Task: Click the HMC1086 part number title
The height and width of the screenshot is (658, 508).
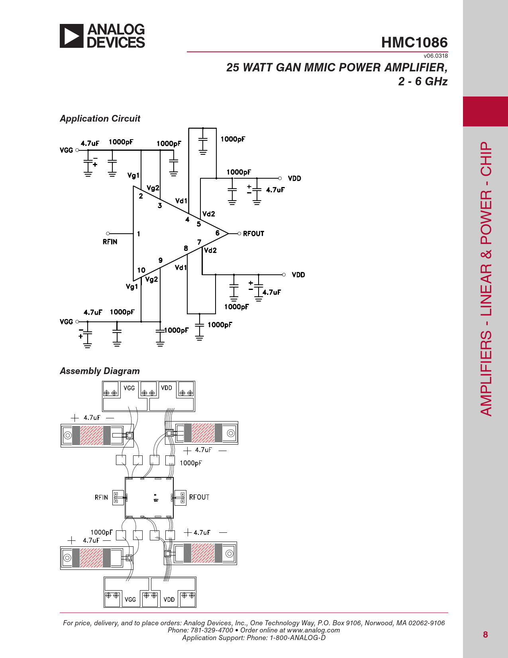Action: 414,42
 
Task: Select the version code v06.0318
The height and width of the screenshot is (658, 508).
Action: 435,56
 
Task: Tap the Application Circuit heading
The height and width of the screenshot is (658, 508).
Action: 100,118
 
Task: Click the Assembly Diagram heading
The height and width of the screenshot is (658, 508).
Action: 100,371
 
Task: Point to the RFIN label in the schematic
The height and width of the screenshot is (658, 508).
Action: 110,242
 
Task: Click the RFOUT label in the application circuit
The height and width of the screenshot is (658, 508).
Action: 253,234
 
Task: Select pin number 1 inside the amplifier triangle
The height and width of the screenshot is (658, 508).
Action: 139,234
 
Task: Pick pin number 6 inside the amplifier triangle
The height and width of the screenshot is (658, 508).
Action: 218,233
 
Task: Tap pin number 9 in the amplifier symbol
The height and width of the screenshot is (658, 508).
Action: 161,260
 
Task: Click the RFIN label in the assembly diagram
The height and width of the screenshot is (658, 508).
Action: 101,497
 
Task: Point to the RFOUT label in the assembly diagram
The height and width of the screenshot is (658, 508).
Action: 199,497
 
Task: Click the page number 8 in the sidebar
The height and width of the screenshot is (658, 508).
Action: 485,634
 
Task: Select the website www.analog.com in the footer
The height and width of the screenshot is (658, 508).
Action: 313,630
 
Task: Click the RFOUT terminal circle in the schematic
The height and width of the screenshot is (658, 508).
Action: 239,233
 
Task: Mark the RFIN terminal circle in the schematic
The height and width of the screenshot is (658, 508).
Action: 108,233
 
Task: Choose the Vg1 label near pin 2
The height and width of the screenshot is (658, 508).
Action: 133,175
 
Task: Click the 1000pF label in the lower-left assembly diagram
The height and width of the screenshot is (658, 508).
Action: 101,532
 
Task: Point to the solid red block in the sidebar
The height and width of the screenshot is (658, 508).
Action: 485,111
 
